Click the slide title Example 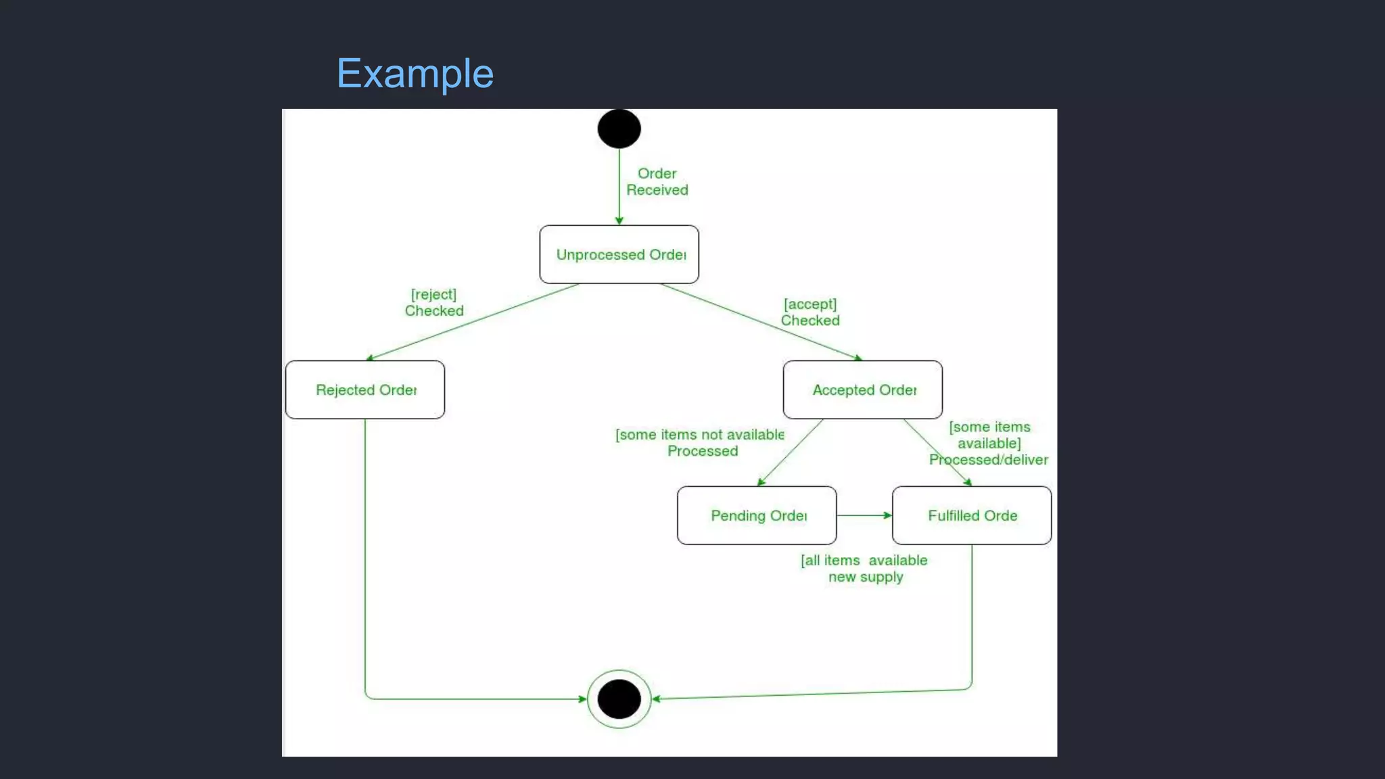tap(415, 73)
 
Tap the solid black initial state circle tap(619, 128)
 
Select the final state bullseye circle tap(619, 699)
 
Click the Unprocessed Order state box tap(619, 254)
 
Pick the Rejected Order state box tap(365, 389)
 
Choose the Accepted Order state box tap(862, 389)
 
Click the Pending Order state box tap(757, 515)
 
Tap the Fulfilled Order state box tap(972, 515)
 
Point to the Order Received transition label tap(657, 182)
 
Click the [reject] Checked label tap(434, 303)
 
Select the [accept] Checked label tap(810, 312)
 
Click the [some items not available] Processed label tap(701, 443)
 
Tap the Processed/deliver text tap(988, 460)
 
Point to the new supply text tap(866, 577)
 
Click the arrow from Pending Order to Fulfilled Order tap(864, 515)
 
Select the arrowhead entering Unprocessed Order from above tap(619, 220)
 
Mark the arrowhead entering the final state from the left tap(582, 699)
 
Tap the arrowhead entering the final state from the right tap(657, 699)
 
